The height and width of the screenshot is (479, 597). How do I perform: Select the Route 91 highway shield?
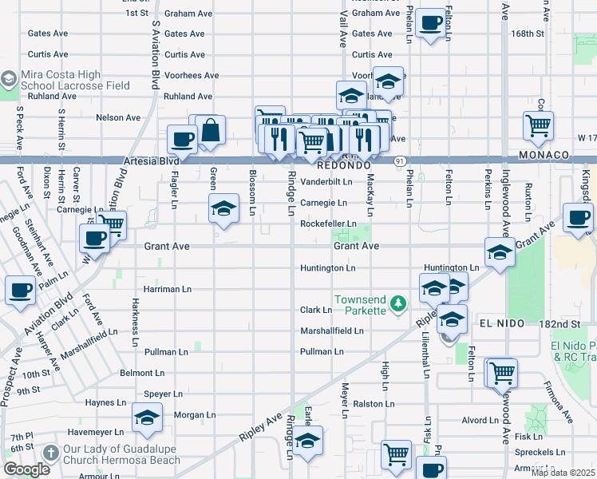point(397,161)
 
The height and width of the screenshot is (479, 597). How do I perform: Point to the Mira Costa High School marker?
point(9,80)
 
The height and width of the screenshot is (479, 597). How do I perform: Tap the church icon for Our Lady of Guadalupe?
point(50,453)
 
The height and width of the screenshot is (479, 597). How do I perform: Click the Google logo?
point(26,469)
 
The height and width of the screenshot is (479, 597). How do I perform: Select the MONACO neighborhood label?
point(543,154)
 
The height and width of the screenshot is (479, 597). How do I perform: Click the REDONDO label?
point(343,166)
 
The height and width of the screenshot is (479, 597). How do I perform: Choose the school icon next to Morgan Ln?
point(147,418)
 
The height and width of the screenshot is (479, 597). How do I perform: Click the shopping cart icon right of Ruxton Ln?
point(539,125)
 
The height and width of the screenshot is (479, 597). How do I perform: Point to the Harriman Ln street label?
point(168,288)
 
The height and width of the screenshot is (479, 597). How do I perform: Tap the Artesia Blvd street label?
point(152,160)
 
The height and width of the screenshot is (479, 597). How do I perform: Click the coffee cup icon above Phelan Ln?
point(432,25)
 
